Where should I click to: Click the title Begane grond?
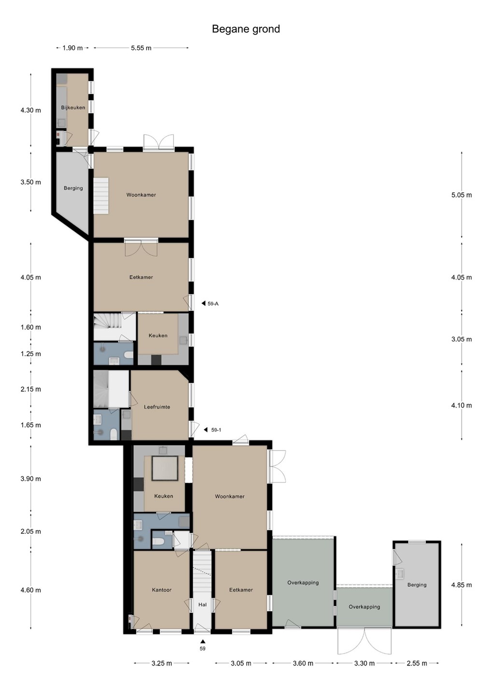[246, 29]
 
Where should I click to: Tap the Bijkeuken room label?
[73, 108]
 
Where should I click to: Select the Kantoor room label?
[162, 590]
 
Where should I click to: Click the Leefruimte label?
[157, 407]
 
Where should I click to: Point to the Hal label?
[202, 604]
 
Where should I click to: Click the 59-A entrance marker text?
[213, 304]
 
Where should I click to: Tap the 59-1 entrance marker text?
[216, 430]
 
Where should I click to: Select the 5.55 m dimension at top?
[141, 48]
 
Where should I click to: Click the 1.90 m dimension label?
[72, 48]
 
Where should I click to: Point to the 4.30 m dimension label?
[31, 110]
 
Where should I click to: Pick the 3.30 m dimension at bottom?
[365, 663]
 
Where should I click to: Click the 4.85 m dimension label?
[462, 585]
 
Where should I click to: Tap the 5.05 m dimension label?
[462, 195]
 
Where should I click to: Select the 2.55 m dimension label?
[417, 663]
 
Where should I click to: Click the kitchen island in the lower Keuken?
[165, 468]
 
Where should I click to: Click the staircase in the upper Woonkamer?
[101, 195]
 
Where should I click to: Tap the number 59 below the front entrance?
[202, 649]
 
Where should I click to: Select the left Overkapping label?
[303, 583]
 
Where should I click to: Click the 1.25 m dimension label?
[31, 354]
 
